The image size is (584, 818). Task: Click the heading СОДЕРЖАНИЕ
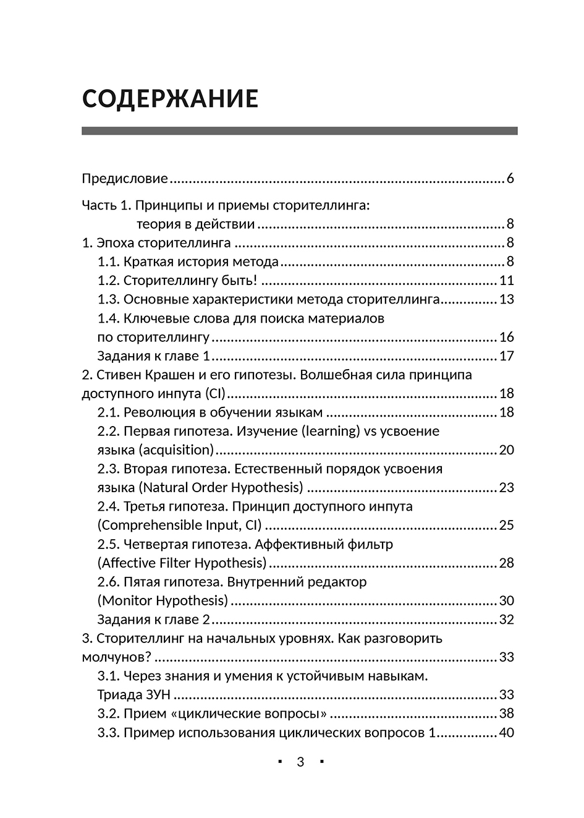click(x=170, y=99)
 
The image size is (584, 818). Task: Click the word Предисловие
click(x=125, y=179)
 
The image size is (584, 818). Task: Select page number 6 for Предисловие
click(x=510, y=179)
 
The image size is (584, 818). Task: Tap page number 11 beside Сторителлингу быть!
click(x=507, y=281)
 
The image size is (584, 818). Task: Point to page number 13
click(x=507, y=300)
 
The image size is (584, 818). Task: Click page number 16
click(x=507, y=338)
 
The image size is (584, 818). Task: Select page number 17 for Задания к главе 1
click(x=507, y=356)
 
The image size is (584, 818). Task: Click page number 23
click(x=507, y=488)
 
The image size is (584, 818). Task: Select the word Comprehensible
click(x=151, y=526)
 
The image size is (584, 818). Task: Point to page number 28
click(x=507, y=563)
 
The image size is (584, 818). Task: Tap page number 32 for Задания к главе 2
click(x=507, y=620)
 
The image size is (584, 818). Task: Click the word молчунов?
click(x=117, y=657)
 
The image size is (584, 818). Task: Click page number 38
click(x=507, y=714)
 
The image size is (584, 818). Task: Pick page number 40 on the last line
click(x=507, y=733)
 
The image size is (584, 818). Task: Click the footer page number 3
click(x=300, y=762)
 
